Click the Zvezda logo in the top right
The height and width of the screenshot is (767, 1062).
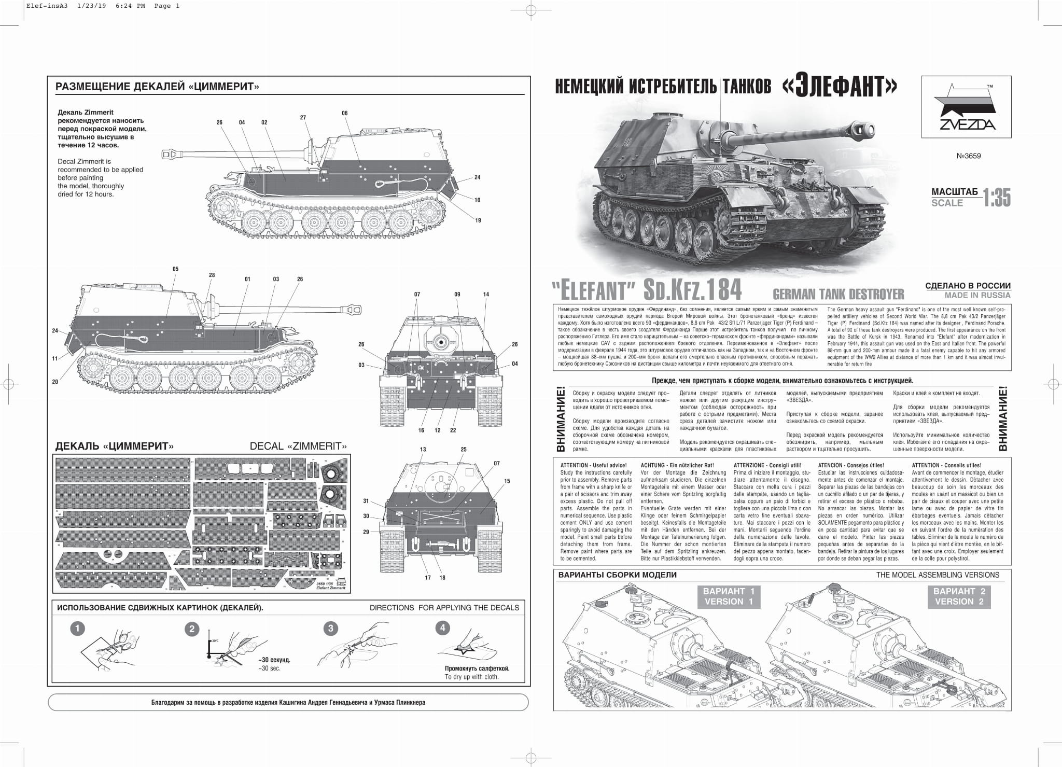(x=966, y=107)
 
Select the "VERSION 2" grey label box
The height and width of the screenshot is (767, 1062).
(x=959, y=596)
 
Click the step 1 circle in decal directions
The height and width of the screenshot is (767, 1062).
(x=77, y=629)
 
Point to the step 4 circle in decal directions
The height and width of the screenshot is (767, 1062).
(x=442, y=628)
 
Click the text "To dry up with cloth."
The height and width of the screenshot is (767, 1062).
(x=471, y=677)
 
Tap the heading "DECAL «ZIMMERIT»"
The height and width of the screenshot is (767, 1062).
(x=298, y=446)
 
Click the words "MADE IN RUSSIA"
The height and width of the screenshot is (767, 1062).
(x=977, y=295)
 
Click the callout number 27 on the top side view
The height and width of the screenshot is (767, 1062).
(x=303, y=118)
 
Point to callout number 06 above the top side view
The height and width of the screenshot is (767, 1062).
(x=345, y=113)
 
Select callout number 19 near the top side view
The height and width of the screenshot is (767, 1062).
(x=478, y=220)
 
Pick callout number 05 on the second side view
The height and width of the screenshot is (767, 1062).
(x=176, y=269)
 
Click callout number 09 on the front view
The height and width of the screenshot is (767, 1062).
(x=457, y=295)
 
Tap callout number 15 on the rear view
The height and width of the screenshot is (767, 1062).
(x=507, y=481)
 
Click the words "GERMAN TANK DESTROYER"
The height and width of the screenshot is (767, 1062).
(x=838, y=295)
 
